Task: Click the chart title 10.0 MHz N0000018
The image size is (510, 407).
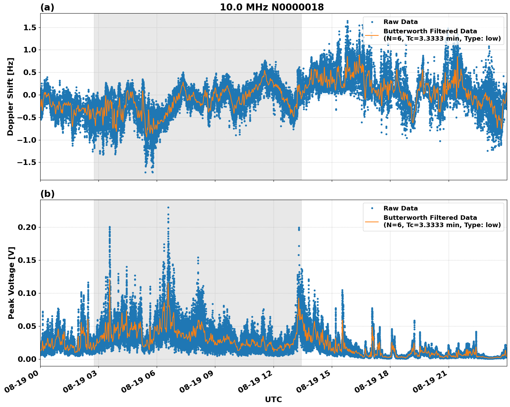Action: pos(271,7)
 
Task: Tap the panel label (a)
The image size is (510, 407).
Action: pos(47,7)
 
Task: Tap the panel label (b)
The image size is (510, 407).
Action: pos(47,194)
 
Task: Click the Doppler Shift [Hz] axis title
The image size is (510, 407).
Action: pos(11,97)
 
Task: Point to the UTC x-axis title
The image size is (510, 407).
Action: pos(273,399)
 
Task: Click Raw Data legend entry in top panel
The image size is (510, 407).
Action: pos(400,22)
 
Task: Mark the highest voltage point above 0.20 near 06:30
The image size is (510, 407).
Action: pos(168,207)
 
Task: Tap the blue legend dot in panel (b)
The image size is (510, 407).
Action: pos(372,208)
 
